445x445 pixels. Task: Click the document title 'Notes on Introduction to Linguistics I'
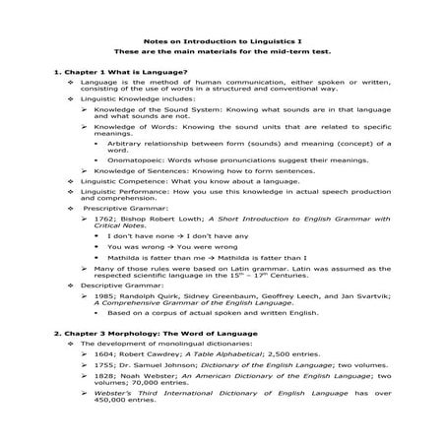(222, 41)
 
